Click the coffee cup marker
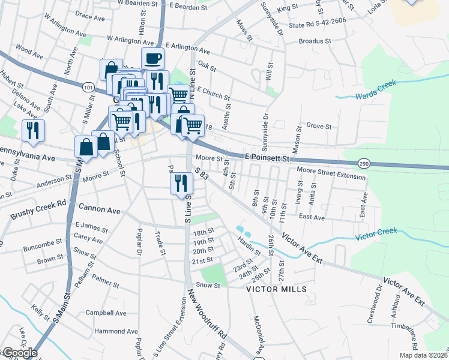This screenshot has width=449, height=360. [153, 59]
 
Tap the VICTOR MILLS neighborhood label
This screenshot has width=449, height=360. [277, 289]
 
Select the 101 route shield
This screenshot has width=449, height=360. [89, 88]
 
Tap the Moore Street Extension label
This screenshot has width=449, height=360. [331, 173]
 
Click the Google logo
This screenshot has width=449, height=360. [19, 353]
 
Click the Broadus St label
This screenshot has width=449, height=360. [315, 41]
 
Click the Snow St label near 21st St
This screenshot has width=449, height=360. [209, 286]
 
